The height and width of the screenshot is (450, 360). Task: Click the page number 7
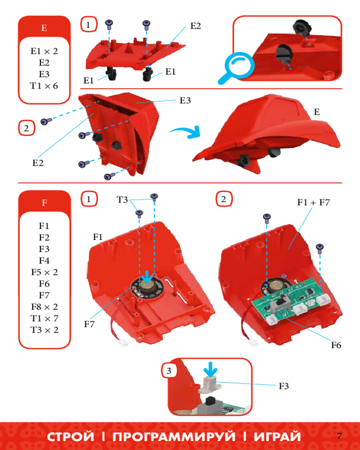point(340,436)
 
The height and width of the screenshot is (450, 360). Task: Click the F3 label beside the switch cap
point(283,386)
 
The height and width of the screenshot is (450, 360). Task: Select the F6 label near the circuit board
point(336,345)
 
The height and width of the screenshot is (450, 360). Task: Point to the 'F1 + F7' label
point(314,202)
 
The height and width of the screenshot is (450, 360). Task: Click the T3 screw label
point(122,199)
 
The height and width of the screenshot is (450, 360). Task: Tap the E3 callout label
point(185,100)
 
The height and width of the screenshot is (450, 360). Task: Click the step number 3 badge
point(169,371)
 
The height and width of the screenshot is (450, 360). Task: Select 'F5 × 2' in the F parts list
point(45,272)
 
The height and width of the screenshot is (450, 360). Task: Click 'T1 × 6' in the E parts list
point(44,86)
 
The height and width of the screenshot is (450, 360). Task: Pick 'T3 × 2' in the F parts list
point(45,330)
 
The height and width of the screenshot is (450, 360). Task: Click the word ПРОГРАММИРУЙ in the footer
point(174,436)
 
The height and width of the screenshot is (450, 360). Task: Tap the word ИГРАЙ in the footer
point(277,436)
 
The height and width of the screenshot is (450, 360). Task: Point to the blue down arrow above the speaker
point(148,276)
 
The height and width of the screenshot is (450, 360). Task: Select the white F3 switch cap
point(211,385)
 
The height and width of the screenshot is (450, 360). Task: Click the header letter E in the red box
point(44,28)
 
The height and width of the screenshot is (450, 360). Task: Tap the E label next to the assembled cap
point(317,112)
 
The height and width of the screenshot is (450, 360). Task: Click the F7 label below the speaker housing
point(89,324)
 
